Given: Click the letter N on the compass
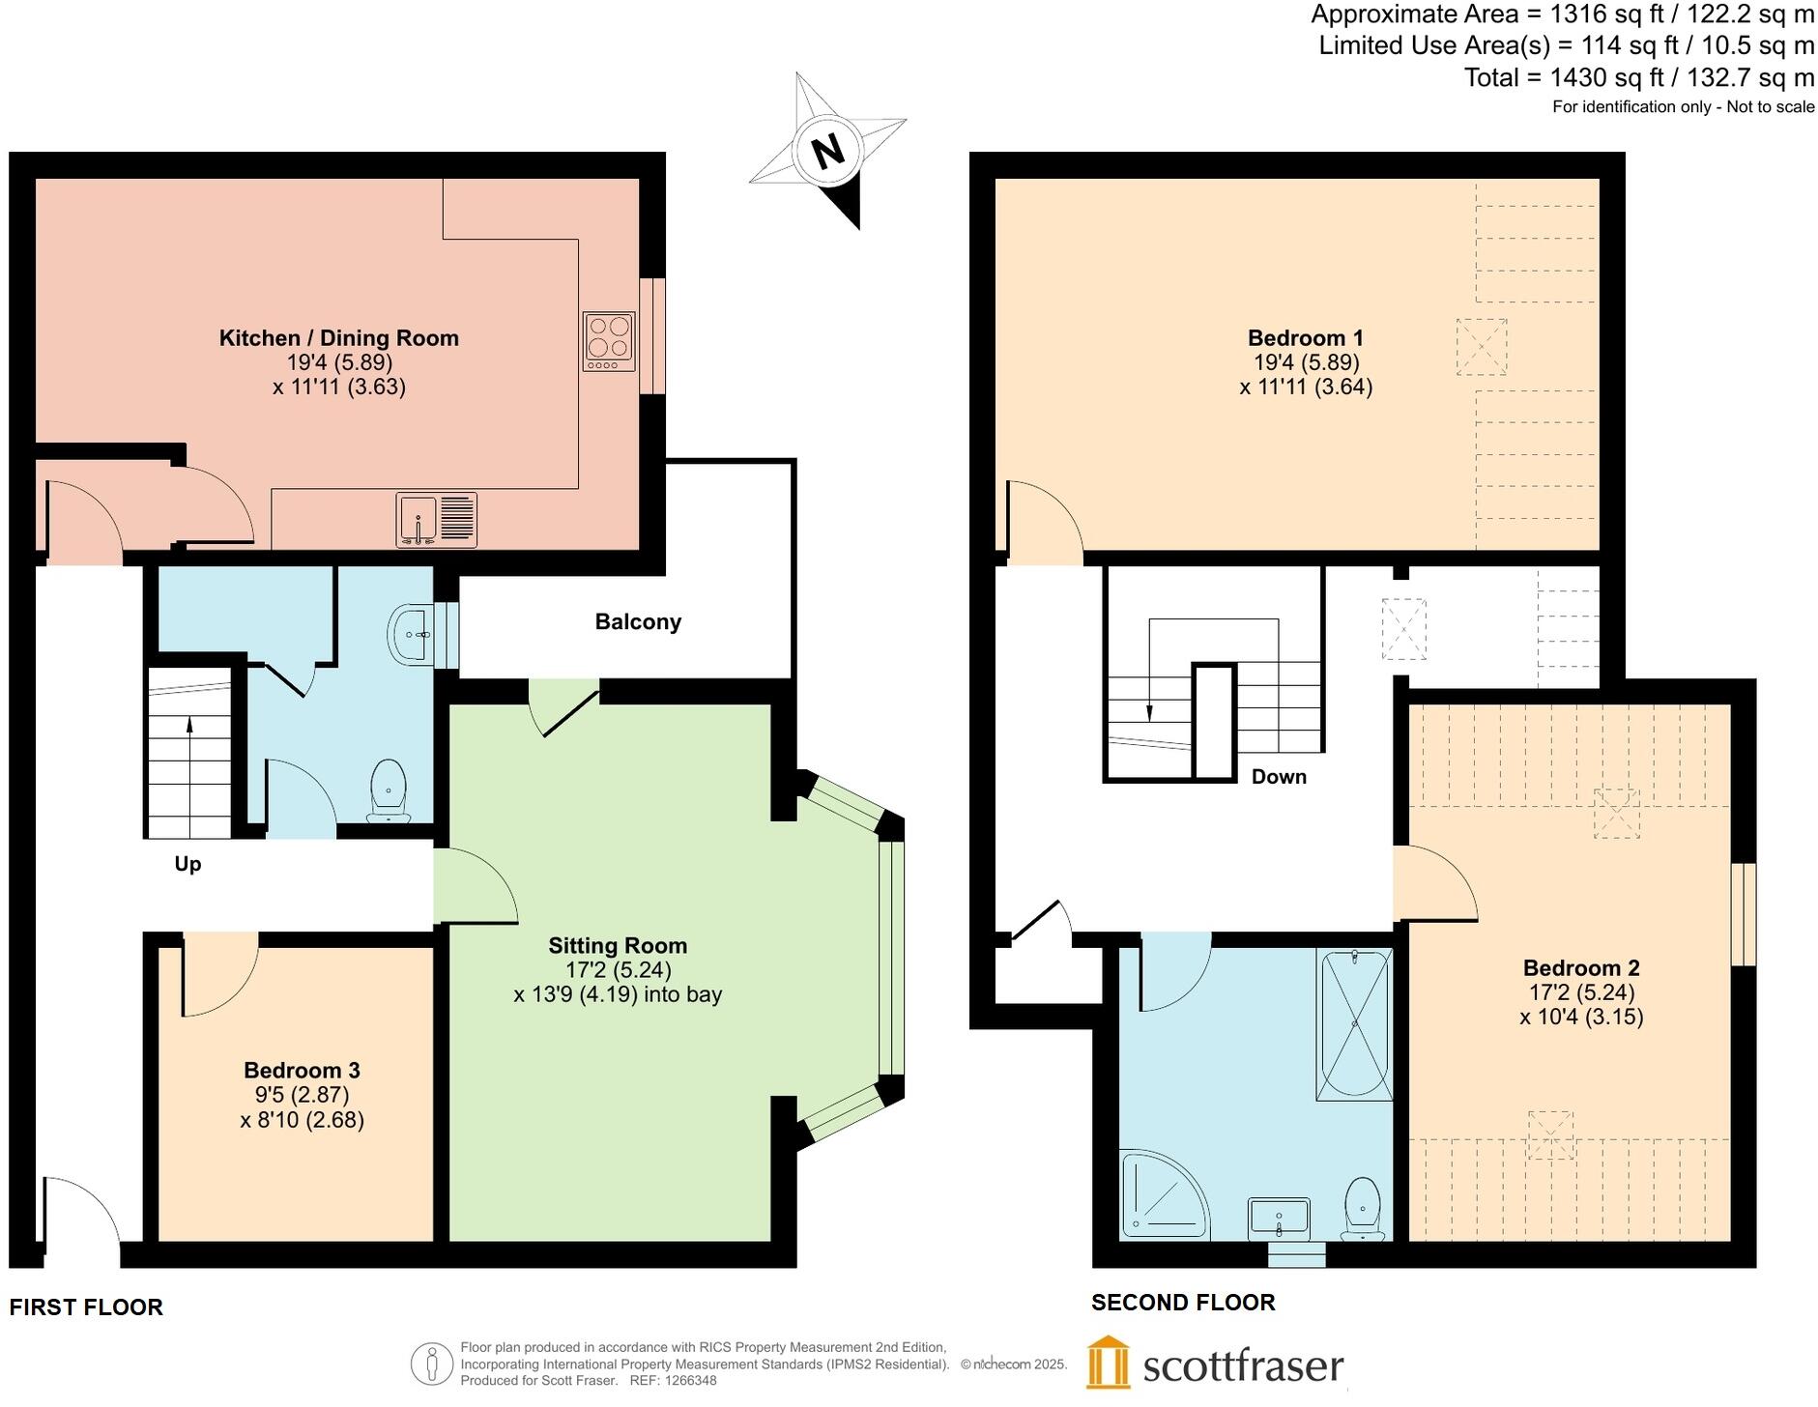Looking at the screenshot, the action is click(828, 152).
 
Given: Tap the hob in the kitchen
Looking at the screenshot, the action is click(609, 341).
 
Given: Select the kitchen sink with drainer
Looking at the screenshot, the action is click(437, 520).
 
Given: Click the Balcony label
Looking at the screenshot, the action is click(638, 621).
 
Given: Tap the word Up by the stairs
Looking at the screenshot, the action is click(188, 864).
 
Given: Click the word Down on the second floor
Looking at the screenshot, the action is click(1279, 777).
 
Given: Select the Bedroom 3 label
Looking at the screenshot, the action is click(302, 1070).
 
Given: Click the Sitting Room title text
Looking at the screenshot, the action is click(618, 945).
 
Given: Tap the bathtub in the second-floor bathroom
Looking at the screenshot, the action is click(1354, 1024).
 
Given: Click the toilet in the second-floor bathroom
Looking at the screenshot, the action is click(1363, 1209).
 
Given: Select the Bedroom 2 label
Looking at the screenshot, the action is click(1581, 967).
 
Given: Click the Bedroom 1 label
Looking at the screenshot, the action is click(1306, 337).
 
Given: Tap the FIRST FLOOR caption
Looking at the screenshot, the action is click(86, 1307).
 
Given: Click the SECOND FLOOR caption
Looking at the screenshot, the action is click(1183, 1303).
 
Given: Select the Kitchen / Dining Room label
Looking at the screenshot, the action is click(339, 337).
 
